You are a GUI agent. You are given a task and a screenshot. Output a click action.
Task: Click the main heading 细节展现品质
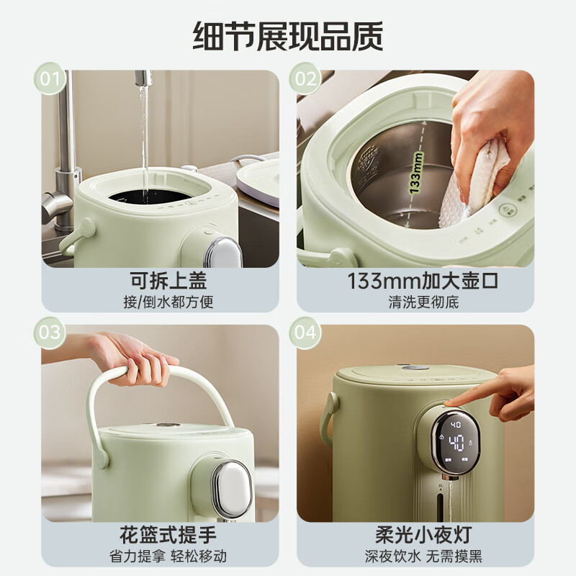tap(288, 36)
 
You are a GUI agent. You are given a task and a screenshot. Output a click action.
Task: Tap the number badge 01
tap(50, 78)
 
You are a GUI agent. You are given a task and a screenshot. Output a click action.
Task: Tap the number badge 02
tap(306, 78)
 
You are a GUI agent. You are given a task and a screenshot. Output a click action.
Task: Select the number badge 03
tap(50, 333)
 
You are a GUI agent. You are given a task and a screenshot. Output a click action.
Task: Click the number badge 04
tap(306, 333)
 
